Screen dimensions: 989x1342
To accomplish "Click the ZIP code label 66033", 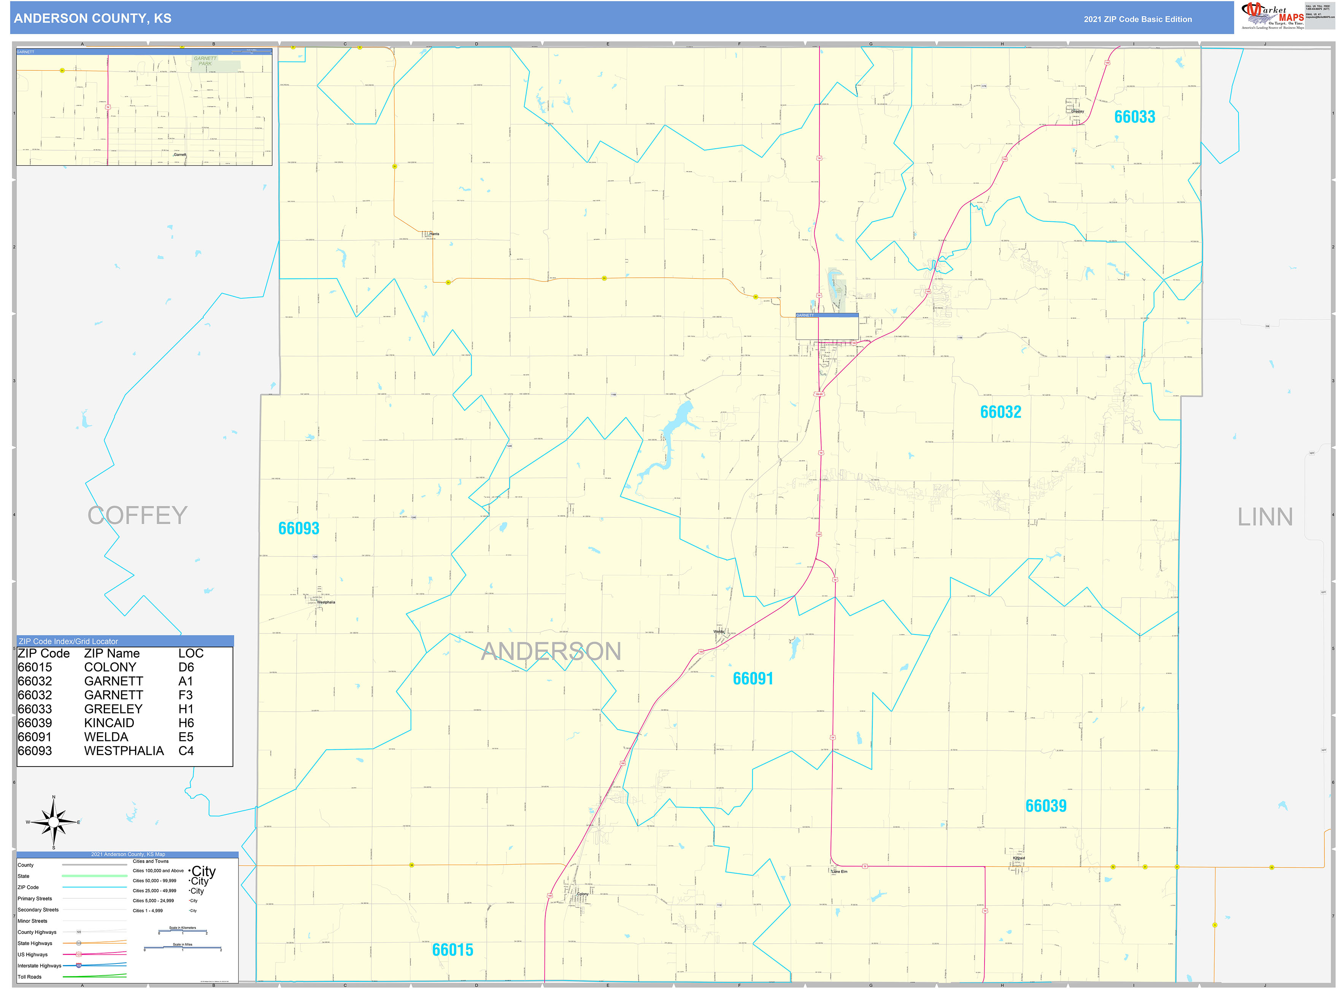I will click(x=1134, y=117).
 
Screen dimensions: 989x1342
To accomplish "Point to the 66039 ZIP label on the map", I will click(x=1046, y=805).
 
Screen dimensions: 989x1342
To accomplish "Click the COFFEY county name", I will click(x=138, y=515).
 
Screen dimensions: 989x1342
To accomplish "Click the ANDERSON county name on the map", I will click(x=551, y=651).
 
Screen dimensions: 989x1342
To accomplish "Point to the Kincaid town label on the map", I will click(x=1019, y=858).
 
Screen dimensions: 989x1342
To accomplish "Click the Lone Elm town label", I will click(x=839, y=872).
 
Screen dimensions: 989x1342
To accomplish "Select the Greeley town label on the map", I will click(x=1077, y=111).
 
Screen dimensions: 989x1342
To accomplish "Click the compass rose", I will click(x=54, y=822).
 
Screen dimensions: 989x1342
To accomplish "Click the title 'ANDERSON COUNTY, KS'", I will click(x=93, y=19).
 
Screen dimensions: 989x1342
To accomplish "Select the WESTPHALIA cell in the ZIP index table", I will click(x=124, y=751).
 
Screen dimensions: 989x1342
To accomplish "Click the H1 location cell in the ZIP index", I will click(x=186, y=709).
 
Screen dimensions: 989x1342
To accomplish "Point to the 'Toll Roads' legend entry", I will click(x=30, y=976).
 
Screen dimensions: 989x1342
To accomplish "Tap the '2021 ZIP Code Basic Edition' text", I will click(x=1137, y=19).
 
